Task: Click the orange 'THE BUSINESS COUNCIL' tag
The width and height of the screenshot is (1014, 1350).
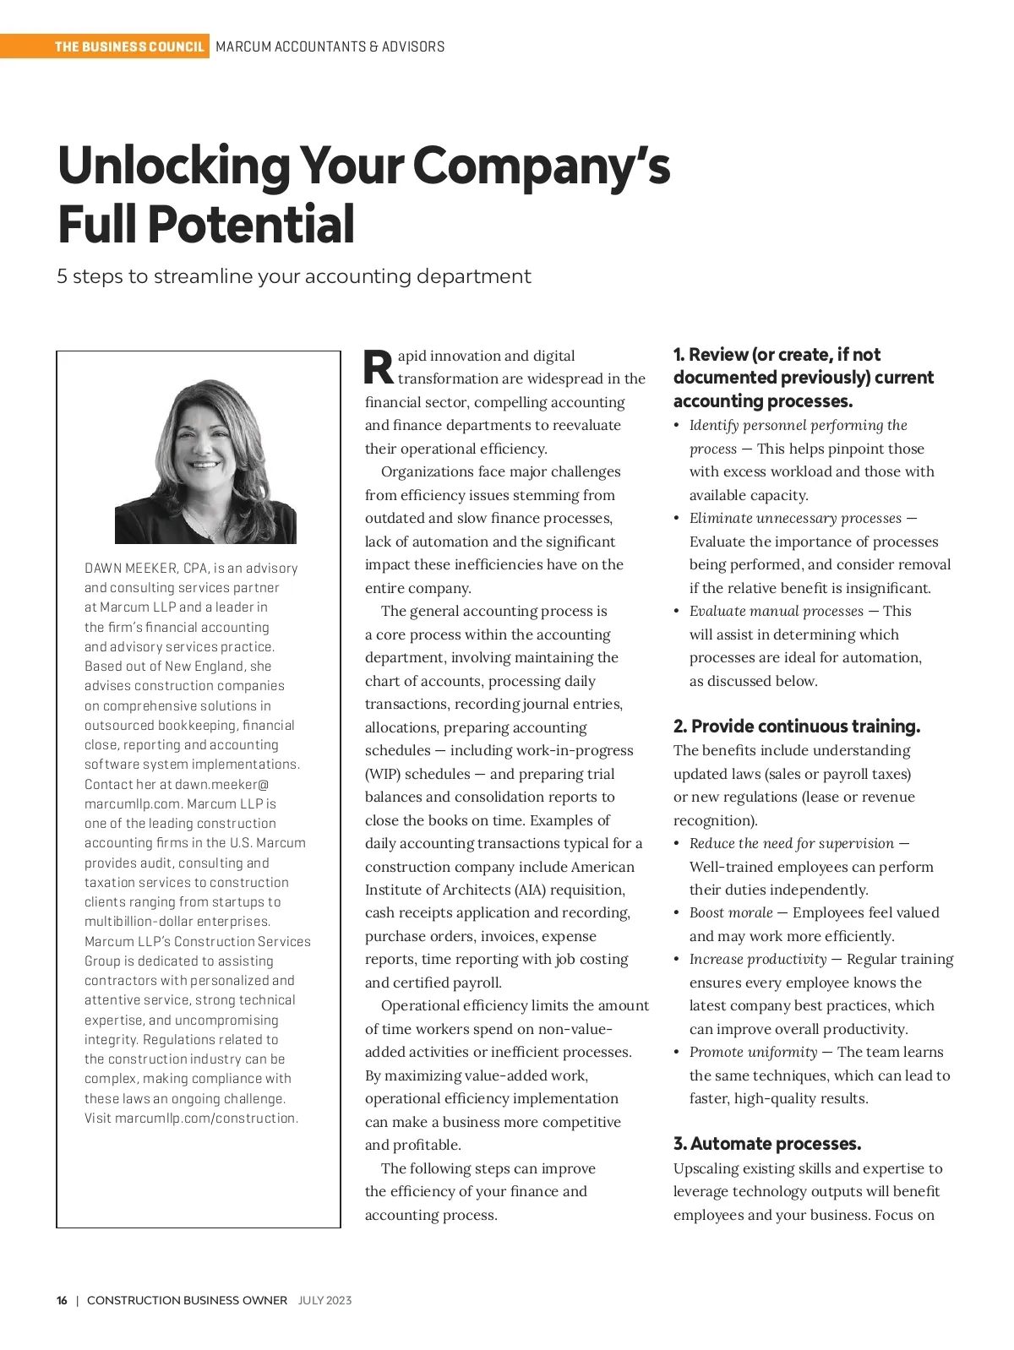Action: tap(129, 46)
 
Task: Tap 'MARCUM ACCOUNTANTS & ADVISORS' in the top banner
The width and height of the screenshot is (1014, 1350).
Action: tap(330, 46)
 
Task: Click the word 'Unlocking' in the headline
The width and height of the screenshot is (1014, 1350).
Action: tap(174, 166)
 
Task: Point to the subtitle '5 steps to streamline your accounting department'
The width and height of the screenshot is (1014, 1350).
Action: tap(294, 276)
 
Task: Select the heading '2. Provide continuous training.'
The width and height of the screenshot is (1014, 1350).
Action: tap(797, 727)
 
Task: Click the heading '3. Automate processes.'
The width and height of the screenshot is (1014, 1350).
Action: tap(767, 1144)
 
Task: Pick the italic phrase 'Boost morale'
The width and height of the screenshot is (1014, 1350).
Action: tap(731, 912)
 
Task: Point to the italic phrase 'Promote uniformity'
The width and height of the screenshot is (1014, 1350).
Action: tap(753, 1052)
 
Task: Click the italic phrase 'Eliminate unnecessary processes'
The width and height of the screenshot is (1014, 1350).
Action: tap(795, 518)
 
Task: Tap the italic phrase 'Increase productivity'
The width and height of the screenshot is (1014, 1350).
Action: tap(758, 959)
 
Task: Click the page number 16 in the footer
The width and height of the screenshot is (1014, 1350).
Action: tap(62, 1300)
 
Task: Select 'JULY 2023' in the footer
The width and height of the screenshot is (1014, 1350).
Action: tap(324, 1300)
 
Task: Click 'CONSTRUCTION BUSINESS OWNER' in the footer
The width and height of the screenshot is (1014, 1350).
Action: tap(187, 1300)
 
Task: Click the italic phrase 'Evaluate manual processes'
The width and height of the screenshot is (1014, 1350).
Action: tap(777, 611)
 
